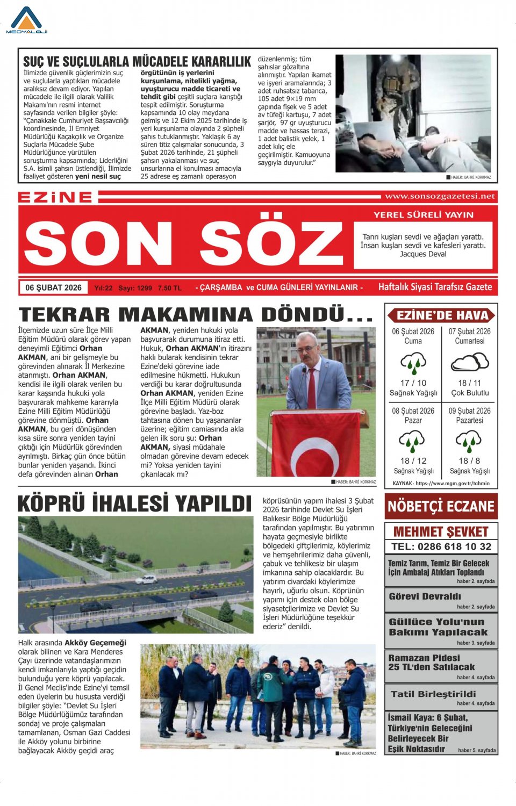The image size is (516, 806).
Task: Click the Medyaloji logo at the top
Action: pos(26,21)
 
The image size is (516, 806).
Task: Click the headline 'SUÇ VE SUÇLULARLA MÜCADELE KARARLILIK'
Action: pos(137,62)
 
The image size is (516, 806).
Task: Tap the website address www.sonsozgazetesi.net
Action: pos(440,197)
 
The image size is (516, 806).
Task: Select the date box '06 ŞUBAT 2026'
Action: pos(53,287)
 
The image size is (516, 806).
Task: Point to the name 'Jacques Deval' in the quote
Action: pos(423,254)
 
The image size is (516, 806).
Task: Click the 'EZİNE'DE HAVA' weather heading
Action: pos(442,315)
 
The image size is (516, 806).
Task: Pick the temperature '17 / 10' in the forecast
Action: pos(413,383)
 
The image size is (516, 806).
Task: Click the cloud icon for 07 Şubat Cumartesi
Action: pos(470,362)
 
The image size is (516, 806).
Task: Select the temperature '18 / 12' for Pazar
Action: pos(413,461)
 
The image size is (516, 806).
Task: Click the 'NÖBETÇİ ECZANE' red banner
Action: pos(441,506)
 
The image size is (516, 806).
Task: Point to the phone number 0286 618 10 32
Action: pos(441,546)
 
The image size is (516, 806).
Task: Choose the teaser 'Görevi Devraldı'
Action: pos(425,596)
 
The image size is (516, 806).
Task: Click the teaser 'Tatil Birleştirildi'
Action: pos(433,694)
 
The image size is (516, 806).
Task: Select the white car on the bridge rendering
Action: pos(146,579)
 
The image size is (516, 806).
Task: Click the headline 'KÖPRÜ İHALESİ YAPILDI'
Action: pos(134,504)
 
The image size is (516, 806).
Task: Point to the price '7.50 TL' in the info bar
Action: pos(169,288)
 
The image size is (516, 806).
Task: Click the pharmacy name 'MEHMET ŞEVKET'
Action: pos(441,532)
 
